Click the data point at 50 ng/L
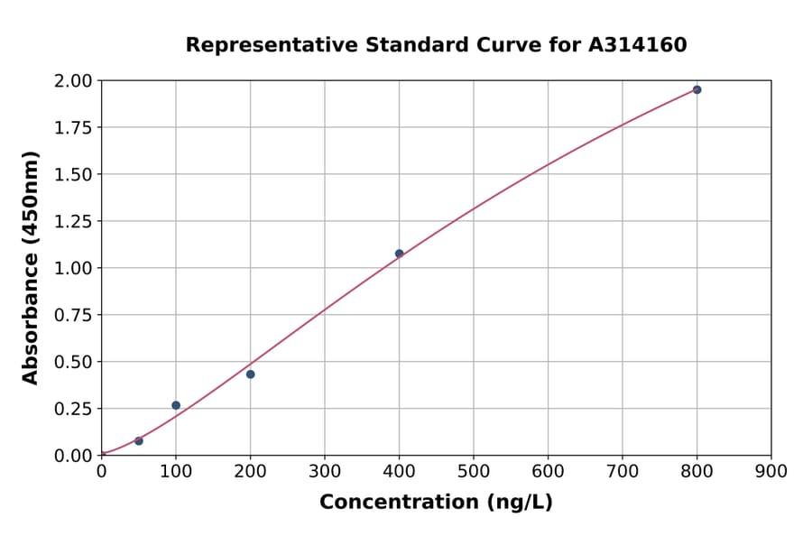pyautogui.click(x=138, y=440)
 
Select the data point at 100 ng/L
pyautogui.click(x=176, y=405)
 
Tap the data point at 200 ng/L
pyautogui.click(x=250, y=374)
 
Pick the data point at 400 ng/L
pyautogui.click(x=399, y=254)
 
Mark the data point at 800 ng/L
pyautogui.click(x=697, y=89)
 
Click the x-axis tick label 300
pyautogui.click(x=325, y=471)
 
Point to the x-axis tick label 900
pyautogui.click(x=771, y=471)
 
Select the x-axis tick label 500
pyautogui.click(x=474, y=471)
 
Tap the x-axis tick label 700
pyautogui.click(x=623, y=471)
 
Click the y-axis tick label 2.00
pyautogui.click(x=72, y=81)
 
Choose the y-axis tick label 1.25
pyautogui.click(x=72, y=221)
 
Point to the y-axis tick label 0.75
pyautogui.click(x=72, y=315)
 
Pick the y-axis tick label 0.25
pyautogui.click(x=72, y=409)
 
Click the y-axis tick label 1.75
pyautogui.click(x=72, y=127)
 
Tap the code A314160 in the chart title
pyautogui.click(x=637, y=44)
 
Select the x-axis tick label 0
pyautogui.click(x=101, y=471)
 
